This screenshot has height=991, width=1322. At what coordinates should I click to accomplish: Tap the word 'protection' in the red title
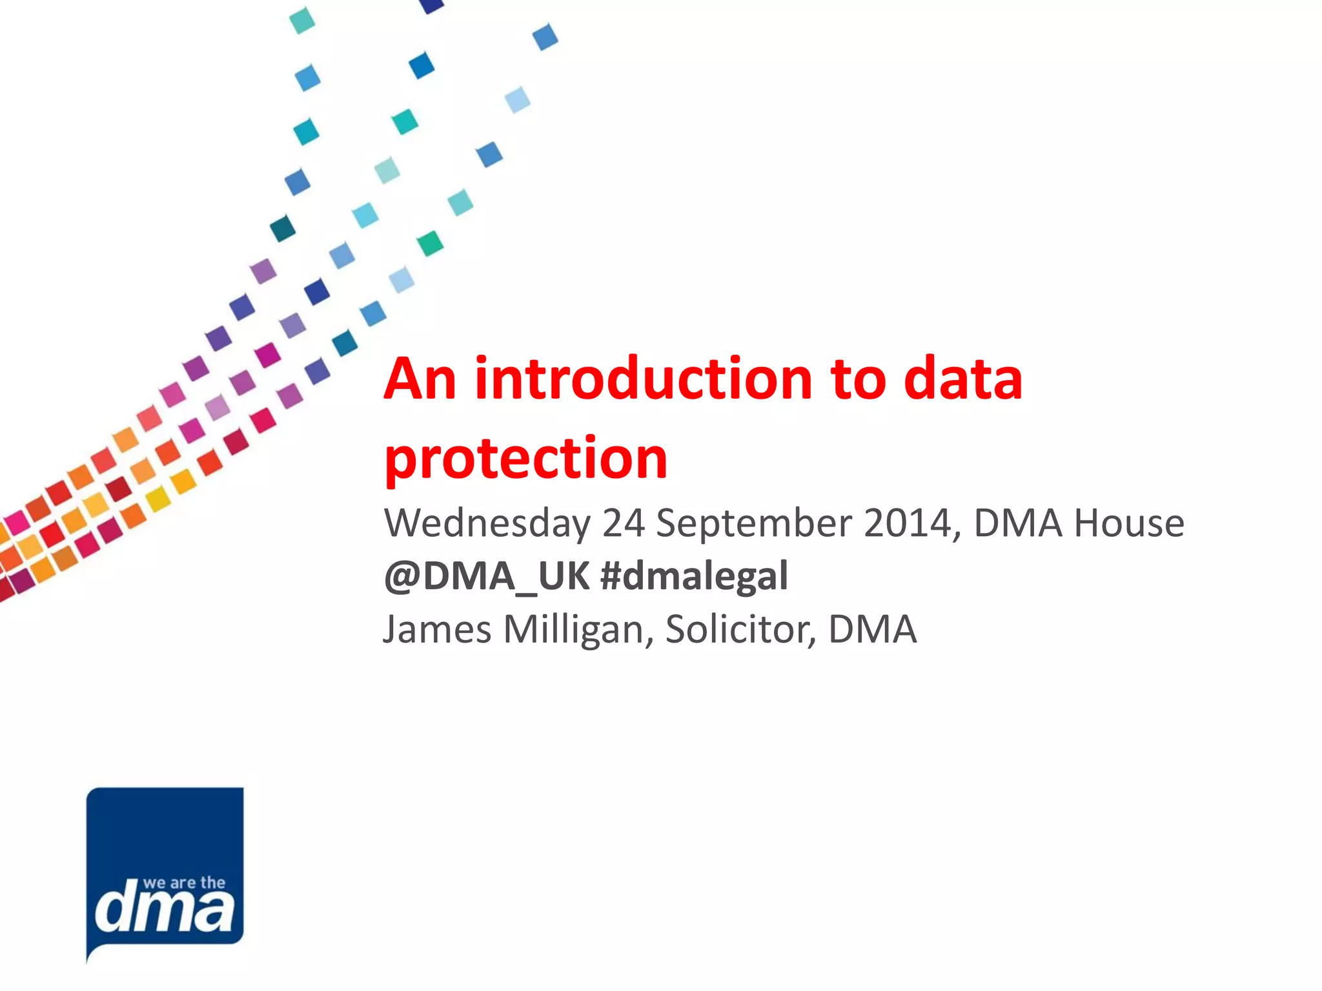pyautogui.click(x=526, y=459)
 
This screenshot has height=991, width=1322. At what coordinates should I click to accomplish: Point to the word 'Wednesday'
pyautogui.click(x=487, y=523)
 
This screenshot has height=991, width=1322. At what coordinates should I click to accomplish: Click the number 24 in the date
pyautogui.click(x=624, y=523)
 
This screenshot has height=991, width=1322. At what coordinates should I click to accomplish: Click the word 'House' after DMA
pyautogui.click(x=1129, y=523)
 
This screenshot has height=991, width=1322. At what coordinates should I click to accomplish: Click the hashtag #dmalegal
pyautogui.click(x=694, y=576)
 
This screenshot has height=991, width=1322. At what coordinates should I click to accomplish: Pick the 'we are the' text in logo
pyautogui.click(x=184, y=883)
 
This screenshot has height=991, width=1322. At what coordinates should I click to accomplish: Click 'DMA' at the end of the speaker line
pyautogui.click(x=872, y=629)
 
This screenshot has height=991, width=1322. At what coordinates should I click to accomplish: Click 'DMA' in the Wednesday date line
pyautogui.click(x=1017, y=523)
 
